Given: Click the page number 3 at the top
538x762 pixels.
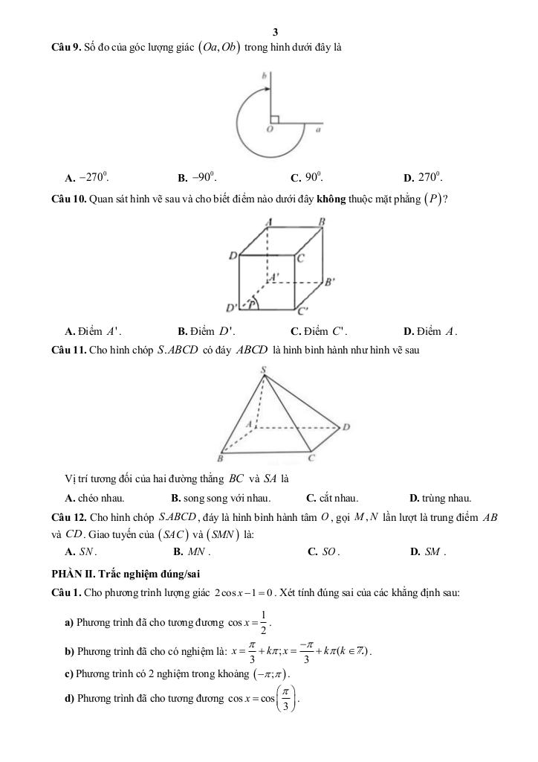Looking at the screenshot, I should click(x=276, y=32).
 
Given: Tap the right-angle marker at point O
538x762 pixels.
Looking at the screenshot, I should click(x=273, y=118).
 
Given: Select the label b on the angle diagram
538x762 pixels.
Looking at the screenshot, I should click(x=263, y=76).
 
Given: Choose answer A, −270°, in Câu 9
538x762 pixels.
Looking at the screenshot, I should click(x=88, y=178).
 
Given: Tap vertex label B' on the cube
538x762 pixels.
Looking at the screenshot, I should click(x=331, y=282).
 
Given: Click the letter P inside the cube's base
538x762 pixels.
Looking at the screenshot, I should click(x=251, y=304).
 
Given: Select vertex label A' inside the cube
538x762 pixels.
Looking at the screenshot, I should click(x=273, y=276).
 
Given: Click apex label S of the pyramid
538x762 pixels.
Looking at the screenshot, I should click(x=263, y=370).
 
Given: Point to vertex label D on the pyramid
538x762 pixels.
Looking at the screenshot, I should click(x=346, y=427).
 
